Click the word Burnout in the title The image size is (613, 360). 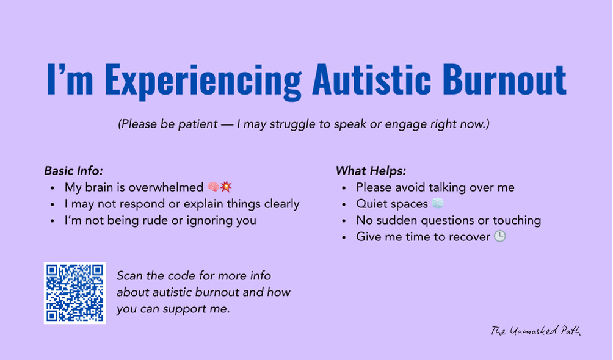504,79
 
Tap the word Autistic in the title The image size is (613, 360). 371,79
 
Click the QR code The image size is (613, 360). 74,293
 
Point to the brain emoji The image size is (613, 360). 213,187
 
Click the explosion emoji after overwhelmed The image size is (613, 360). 226,187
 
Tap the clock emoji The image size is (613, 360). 500,236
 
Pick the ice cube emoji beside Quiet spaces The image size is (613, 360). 438,203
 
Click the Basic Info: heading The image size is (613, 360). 73,171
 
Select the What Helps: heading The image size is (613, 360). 371,171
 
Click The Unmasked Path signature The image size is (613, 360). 536,331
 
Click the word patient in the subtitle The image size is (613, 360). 198,124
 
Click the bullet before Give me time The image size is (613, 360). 344,237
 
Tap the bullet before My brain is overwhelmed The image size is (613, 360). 53,188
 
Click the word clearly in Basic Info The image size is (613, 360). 281,204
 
